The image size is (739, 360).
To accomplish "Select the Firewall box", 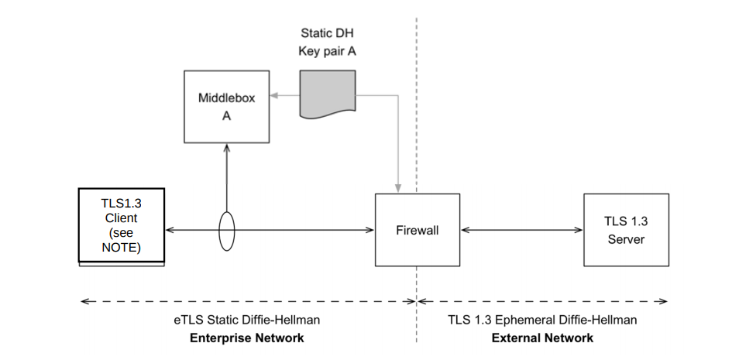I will [418, 230].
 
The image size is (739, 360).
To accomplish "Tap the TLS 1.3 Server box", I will [626, 230].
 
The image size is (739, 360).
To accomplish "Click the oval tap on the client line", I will [226, 231].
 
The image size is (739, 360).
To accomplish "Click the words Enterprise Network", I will [246, 338].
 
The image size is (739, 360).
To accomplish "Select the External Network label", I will [542, 338].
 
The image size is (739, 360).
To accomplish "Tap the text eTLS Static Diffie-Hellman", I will [246, 319].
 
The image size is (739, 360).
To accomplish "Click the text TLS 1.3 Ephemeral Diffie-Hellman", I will [542, 319].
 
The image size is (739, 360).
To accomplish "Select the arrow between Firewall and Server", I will [521, 230].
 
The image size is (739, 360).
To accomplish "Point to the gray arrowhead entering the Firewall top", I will [398, 188].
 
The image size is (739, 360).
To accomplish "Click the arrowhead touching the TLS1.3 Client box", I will [169, 230].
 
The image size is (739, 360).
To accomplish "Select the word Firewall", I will [418, 230].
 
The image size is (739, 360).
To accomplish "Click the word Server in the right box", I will [626, 239].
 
